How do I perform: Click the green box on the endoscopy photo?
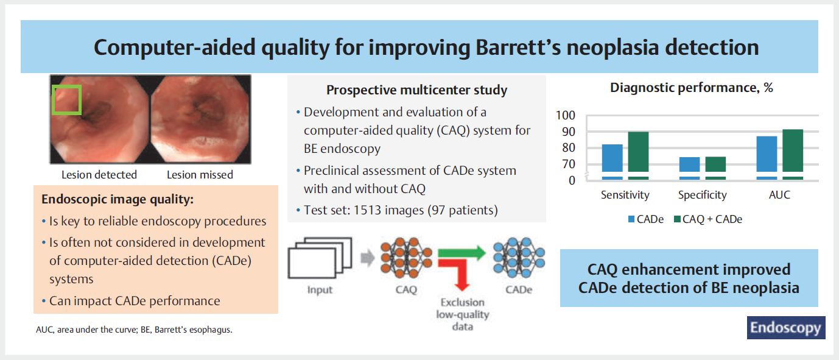click(x=53, y=100)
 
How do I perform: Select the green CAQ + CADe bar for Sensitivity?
click(x=638, y=155)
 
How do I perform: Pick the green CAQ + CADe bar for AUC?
click(x=793, y=154)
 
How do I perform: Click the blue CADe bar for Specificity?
click(x=689, y=168)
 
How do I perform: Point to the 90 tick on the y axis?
click(x=568, y=132)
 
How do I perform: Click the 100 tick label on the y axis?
click(x=565, y=115)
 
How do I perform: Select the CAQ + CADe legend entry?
click(x=708, y=219)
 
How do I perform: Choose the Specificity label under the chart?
click(x=702, y=195)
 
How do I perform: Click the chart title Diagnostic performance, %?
click(x=692, y=88)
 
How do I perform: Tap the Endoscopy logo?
click(x=786, y=328)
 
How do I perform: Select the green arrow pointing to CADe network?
click(x=462, y=253)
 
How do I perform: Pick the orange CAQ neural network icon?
click(x=406, y=258)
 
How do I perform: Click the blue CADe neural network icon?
click(x=519, y=257)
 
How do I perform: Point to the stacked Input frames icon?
click(x=320, y=258)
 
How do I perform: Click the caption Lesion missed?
click(x=200, y=175)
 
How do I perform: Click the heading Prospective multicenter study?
click(x=417, y=90)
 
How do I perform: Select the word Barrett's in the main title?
click(x=518, y=48)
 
